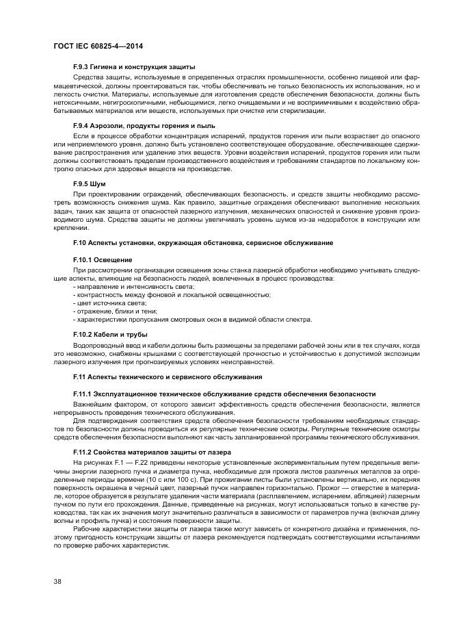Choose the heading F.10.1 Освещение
point(102,260)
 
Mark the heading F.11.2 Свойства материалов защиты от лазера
point(152,452)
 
